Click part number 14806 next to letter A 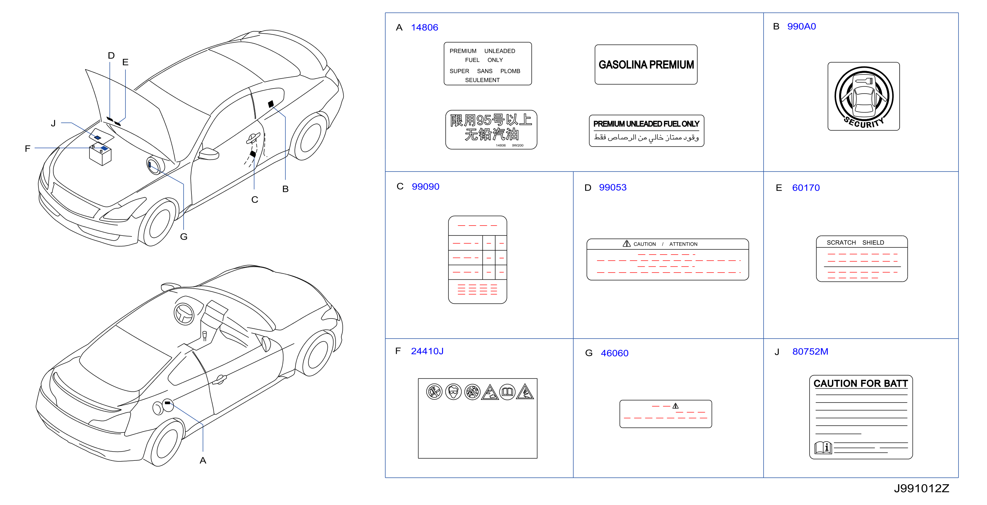point(424,28)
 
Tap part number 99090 point(425,186)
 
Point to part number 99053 point(613,187)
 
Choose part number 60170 point(806,188)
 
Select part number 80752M point(810,351)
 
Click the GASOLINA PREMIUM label point(646,64)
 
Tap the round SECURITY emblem point(864,97)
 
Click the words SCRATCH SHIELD point(855,242)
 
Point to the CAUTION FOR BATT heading point(861,384)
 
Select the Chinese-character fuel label point(491,130)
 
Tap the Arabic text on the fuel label point(646,137)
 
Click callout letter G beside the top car point(184,237)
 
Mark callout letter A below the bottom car point(203,460)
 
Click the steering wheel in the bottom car point(184,314)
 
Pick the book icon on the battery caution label point(823,447)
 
